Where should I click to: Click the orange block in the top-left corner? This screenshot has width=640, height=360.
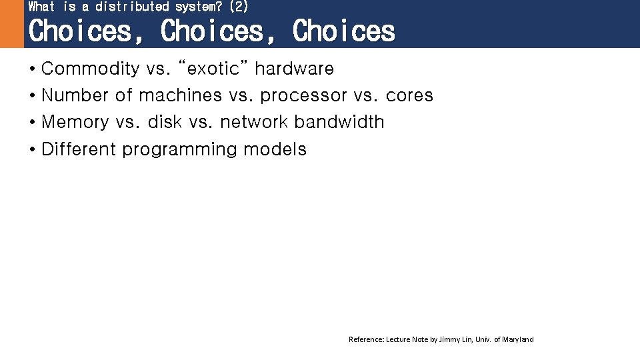11,24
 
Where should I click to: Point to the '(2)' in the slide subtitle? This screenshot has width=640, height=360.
238,7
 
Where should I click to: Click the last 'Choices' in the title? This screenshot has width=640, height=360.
343,31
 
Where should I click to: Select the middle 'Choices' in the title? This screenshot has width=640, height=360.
213,31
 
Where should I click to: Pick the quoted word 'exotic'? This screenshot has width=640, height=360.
214,69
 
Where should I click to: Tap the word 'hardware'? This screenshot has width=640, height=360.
294,69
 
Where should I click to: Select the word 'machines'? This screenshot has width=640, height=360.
180,95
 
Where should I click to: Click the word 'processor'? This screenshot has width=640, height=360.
303,96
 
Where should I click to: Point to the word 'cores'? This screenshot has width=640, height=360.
409,95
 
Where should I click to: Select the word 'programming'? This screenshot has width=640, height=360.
179,149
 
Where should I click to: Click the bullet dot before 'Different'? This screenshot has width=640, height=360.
32,149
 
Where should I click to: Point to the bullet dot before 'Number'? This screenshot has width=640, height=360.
32,96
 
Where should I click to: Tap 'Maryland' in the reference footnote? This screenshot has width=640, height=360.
518,340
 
